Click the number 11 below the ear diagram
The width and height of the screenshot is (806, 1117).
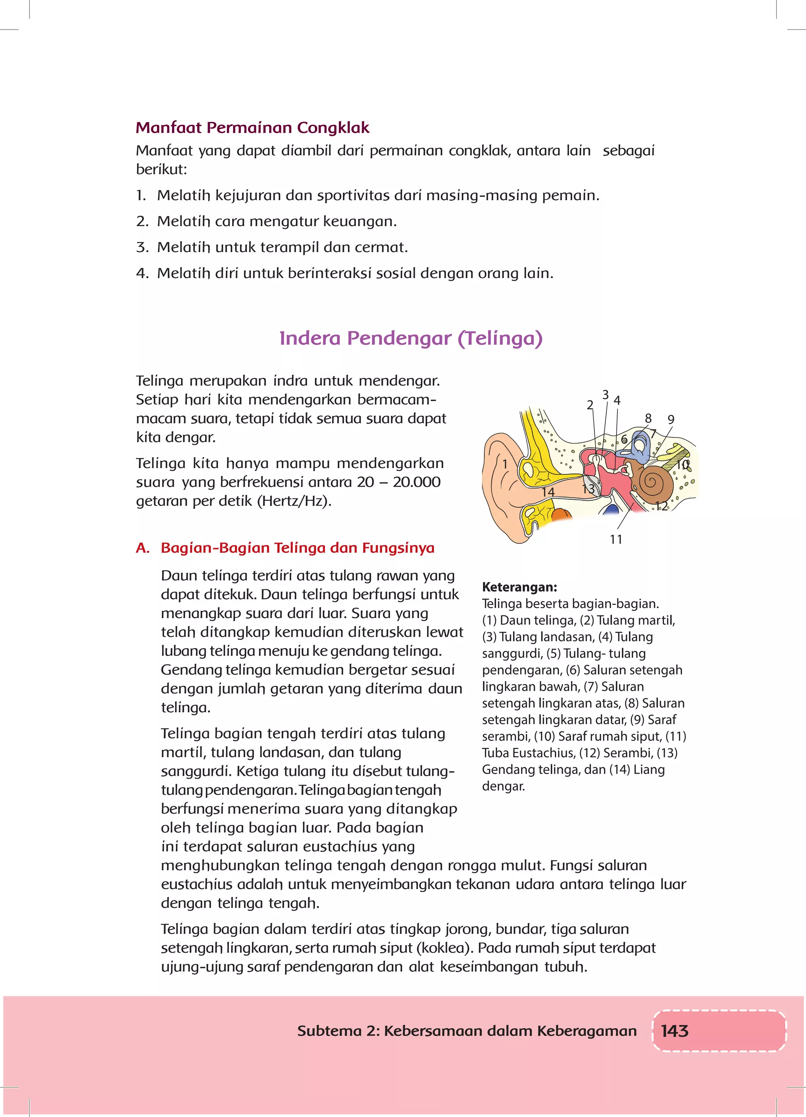click(x=616, y=539)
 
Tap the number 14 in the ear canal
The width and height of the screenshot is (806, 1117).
click(x=548, y=492)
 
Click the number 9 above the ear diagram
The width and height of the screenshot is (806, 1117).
click(x=671, y=420)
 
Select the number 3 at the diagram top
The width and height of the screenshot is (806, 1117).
click(x=605, y=395)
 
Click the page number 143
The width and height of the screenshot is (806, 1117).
click(x=674, y=1031)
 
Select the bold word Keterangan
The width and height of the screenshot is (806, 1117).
click(x=519, y=587)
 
